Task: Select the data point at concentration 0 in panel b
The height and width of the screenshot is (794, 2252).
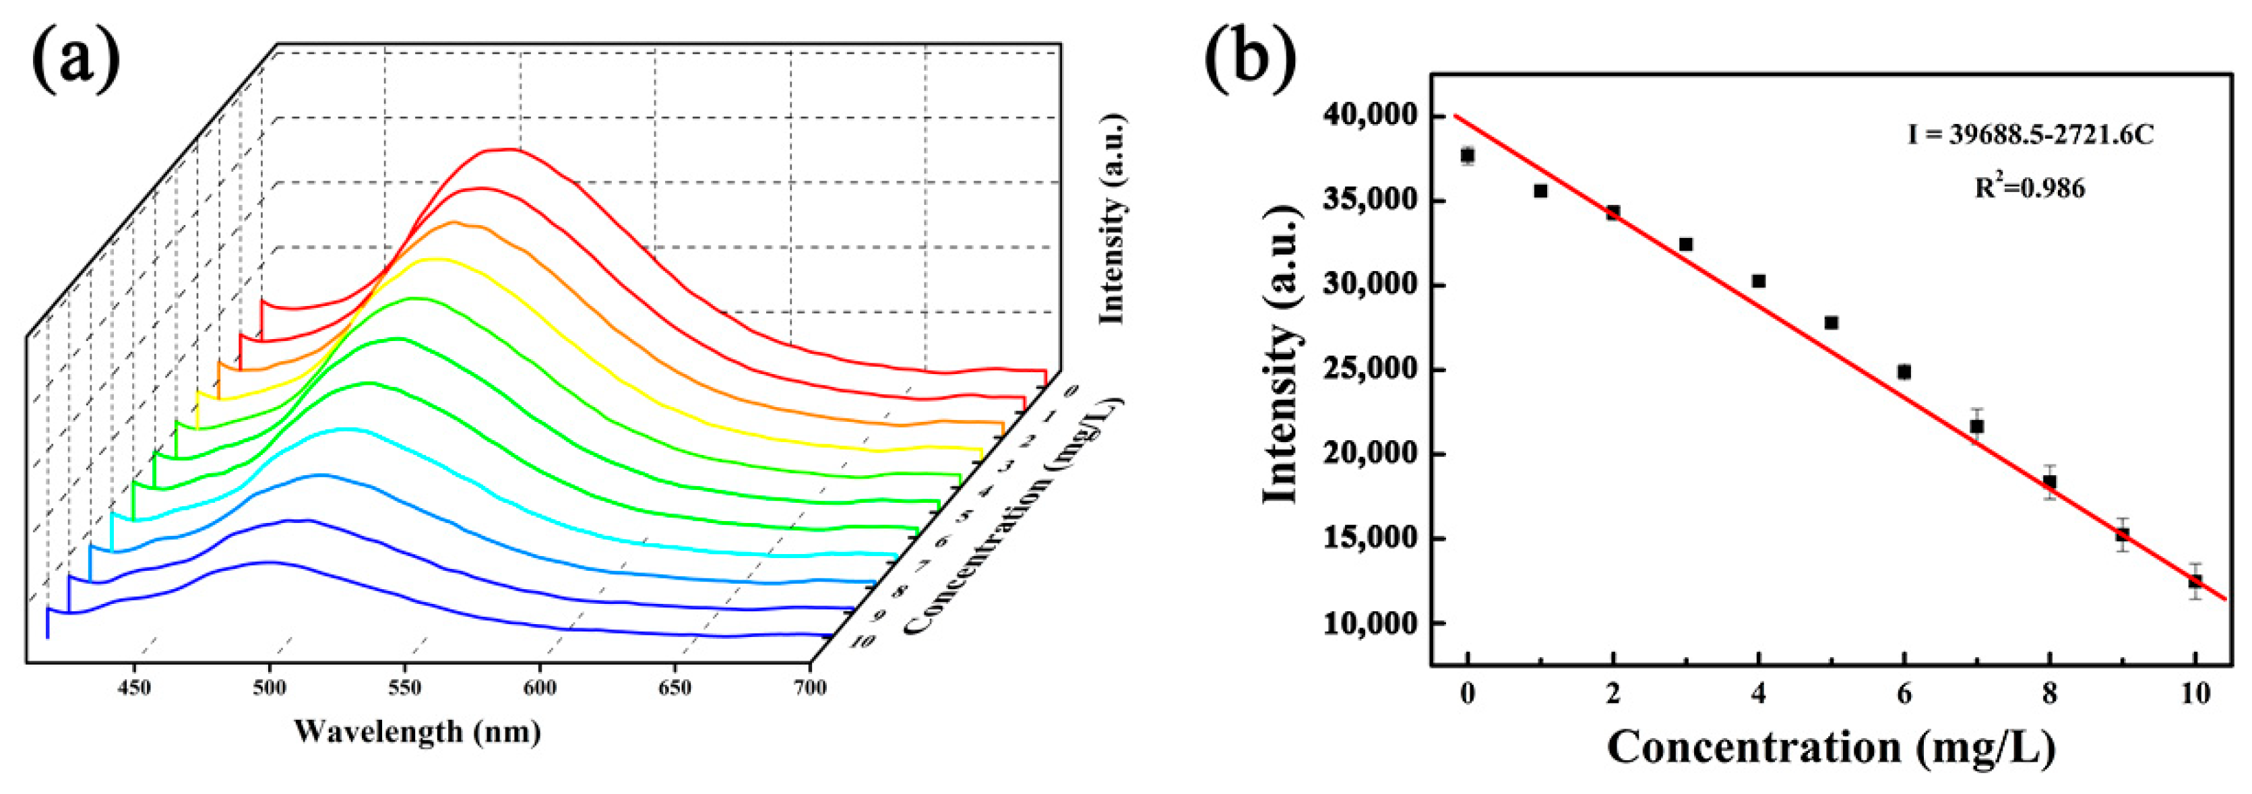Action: pyautogui.click(x=1468, y=156)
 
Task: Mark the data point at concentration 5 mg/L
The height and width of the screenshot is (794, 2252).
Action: pyautogui.click(x=1832, y=323)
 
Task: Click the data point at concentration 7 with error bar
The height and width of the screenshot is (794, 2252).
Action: pyautogui.click(x=1976, y=426)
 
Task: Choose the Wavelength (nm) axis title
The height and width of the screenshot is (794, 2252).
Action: pyautogui.click(x=417, y=731)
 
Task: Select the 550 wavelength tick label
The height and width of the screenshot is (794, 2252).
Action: pyautogui.click(x=405, y=688)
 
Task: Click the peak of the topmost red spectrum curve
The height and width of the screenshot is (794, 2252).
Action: pyautogui.click(x=503, y=150)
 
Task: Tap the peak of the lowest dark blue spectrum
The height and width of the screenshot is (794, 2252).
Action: pyautogui.click(x=271, y=562)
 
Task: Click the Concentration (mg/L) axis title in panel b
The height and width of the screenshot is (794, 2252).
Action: pyautogui.click(x=1831, y=747)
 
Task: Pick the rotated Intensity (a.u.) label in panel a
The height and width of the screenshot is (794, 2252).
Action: pyautogui.click(x=1112, y=218)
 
